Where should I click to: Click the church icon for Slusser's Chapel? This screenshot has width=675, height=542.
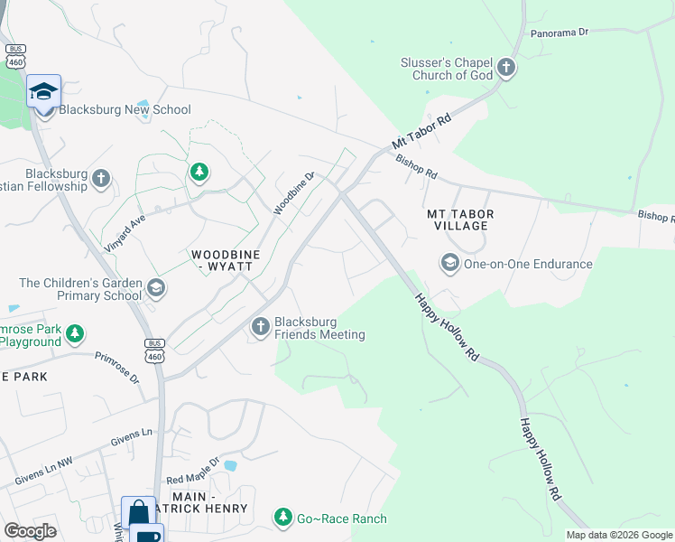point(506,68)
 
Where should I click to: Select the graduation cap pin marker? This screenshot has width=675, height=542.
point(43,92)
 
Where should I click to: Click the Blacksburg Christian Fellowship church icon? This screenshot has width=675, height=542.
point(101,178)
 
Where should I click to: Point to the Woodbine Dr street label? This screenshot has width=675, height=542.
point(294,194)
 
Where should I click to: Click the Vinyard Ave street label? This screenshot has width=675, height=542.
point(123,220)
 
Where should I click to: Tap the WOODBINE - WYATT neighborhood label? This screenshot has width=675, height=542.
point(225,262)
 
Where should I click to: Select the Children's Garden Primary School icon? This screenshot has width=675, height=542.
point(156,288)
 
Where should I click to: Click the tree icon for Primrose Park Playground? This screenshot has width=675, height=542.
point(76,334)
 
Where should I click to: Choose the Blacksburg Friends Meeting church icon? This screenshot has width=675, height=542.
point(261,327)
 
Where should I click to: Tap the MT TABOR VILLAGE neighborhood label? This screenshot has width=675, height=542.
point(461,220)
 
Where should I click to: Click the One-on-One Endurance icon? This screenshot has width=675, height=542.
point(448,264)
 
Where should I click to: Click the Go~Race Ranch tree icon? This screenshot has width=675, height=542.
point(284,518)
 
